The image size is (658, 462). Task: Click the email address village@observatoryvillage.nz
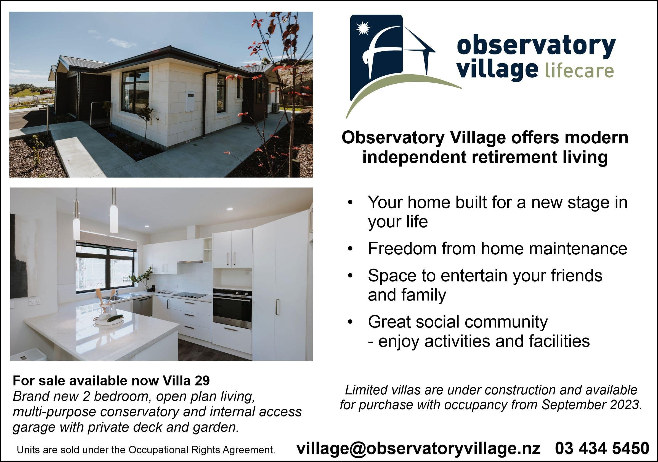(x=418, y=448)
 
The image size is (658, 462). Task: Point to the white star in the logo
(x=363, y=28)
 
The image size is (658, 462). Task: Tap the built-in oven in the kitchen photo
(x=232, y=309)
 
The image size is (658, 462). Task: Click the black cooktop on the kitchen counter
(x=189, y=295)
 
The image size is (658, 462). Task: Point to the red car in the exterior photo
(x=46, y=92)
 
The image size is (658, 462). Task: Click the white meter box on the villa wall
(x=190, y=101)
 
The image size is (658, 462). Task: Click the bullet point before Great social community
(x=350, y=322)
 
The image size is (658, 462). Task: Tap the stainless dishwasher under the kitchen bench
(x=142, y=306)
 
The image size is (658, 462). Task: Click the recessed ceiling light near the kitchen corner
(x=230, y=209)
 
